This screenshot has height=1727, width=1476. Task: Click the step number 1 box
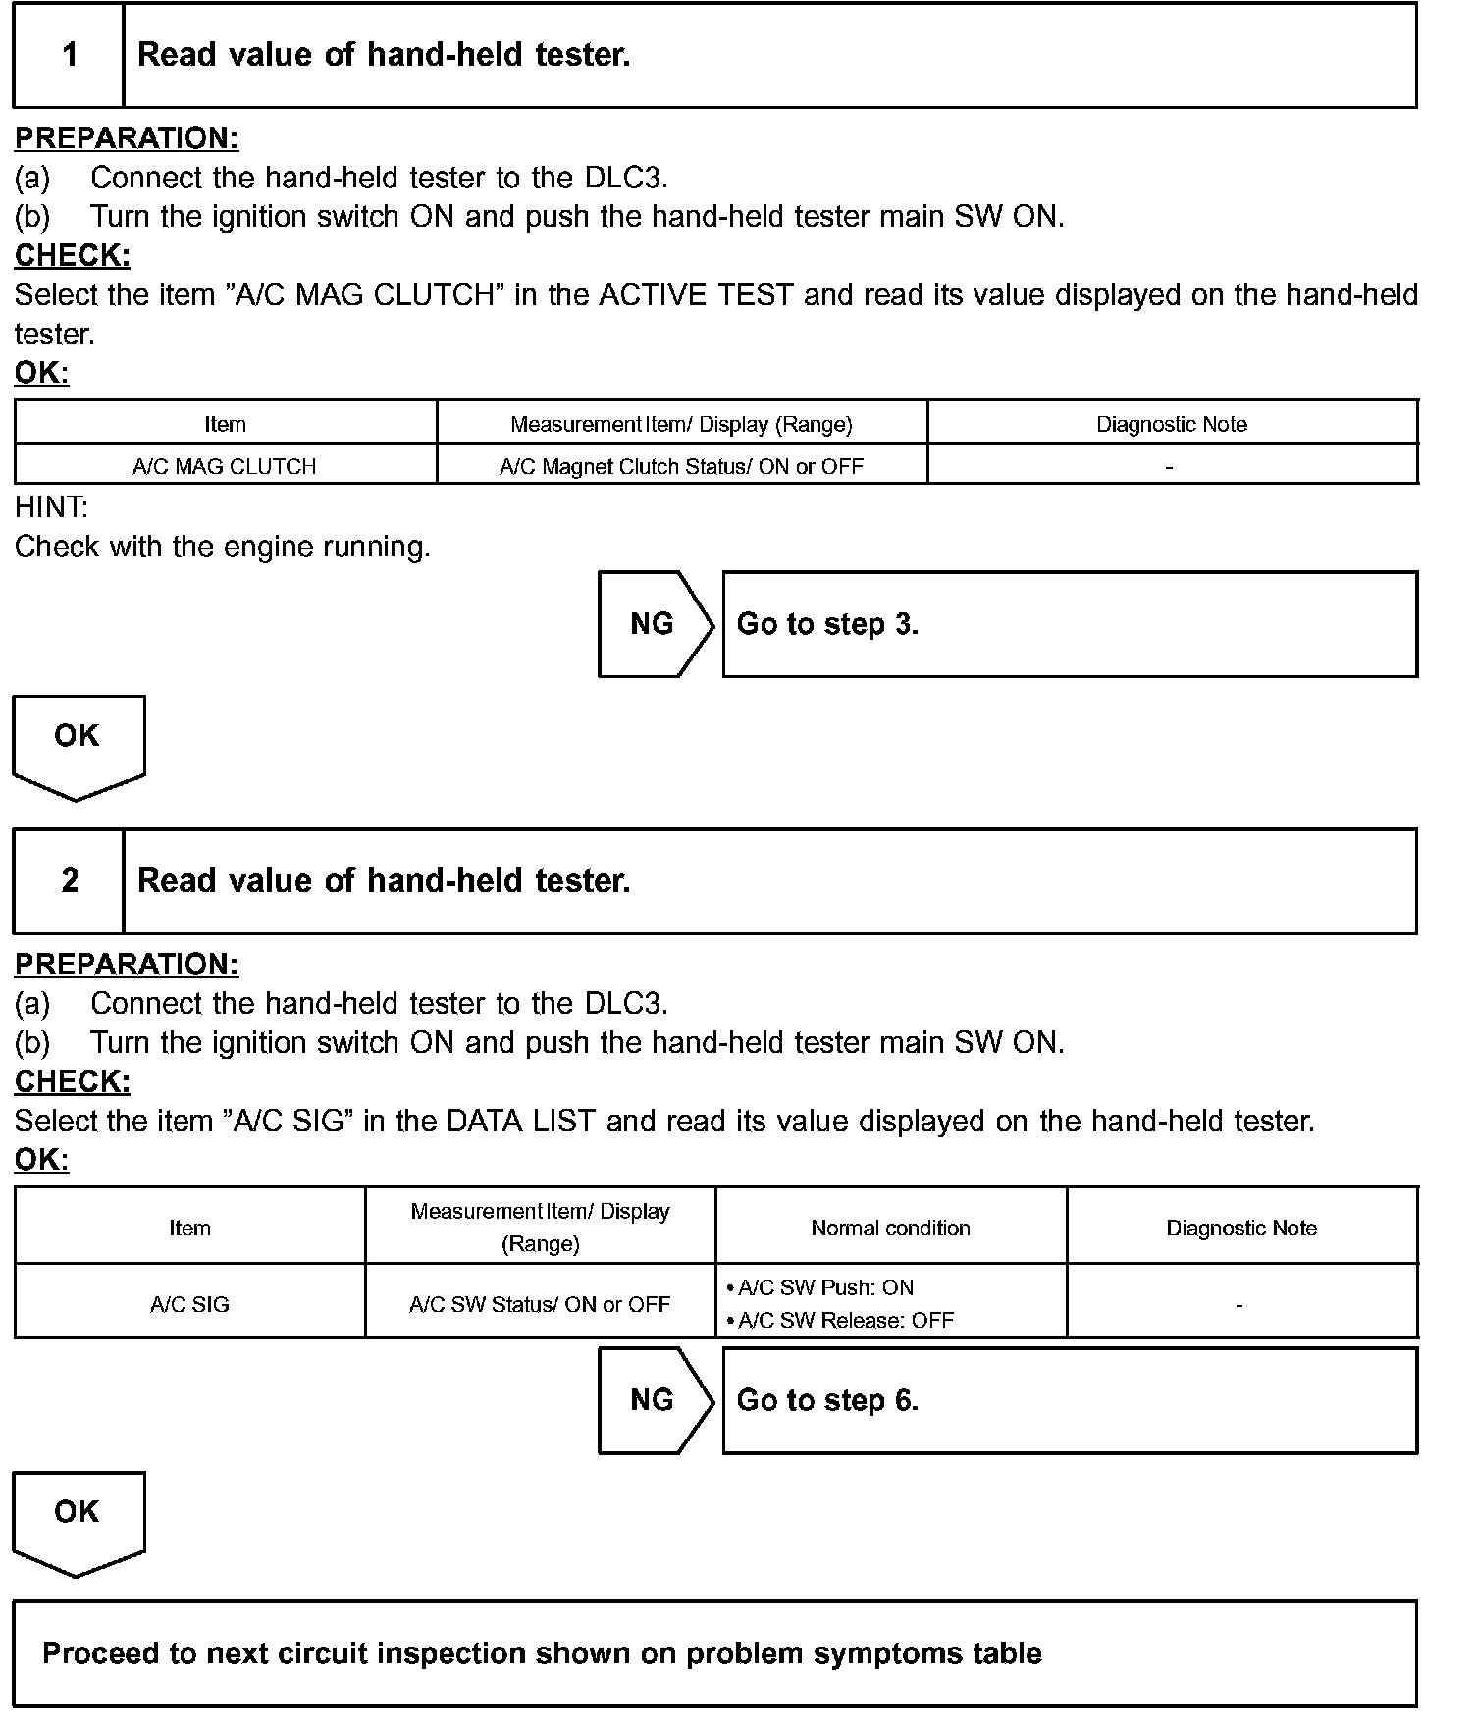pyautogui.click(x=69, y=55)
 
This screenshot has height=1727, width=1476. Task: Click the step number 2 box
pyautogui.click(x=69, y=881)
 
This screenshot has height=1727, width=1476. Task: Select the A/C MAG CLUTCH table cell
pyautogui.click(x=225, y=466)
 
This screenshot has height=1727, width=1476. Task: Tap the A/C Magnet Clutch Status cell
pyautogui.click(x=681, y=466)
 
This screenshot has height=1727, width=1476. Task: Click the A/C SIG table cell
pyautogui.click(x=189, y=1304)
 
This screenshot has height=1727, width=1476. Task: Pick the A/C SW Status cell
pyautogui.click(x=540, y=1304)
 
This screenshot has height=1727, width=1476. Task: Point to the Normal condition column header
pyautogui.click(x=890, y=1228)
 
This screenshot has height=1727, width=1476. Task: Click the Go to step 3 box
pyautogui.click(x=1070, y=624)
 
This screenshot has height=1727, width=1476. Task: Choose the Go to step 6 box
pyautogui.click(x=1070, y=1400)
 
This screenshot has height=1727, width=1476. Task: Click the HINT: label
pyautogui.click(x=51, y=507)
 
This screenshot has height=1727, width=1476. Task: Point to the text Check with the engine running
pyautogui.click(x=223, y=547)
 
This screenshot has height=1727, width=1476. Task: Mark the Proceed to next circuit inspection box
pyautogui.click(x=714, y=1654)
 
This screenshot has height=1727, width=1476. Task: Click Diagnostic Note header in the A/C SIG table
pyautogui.click(x=1241, y=1228)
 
